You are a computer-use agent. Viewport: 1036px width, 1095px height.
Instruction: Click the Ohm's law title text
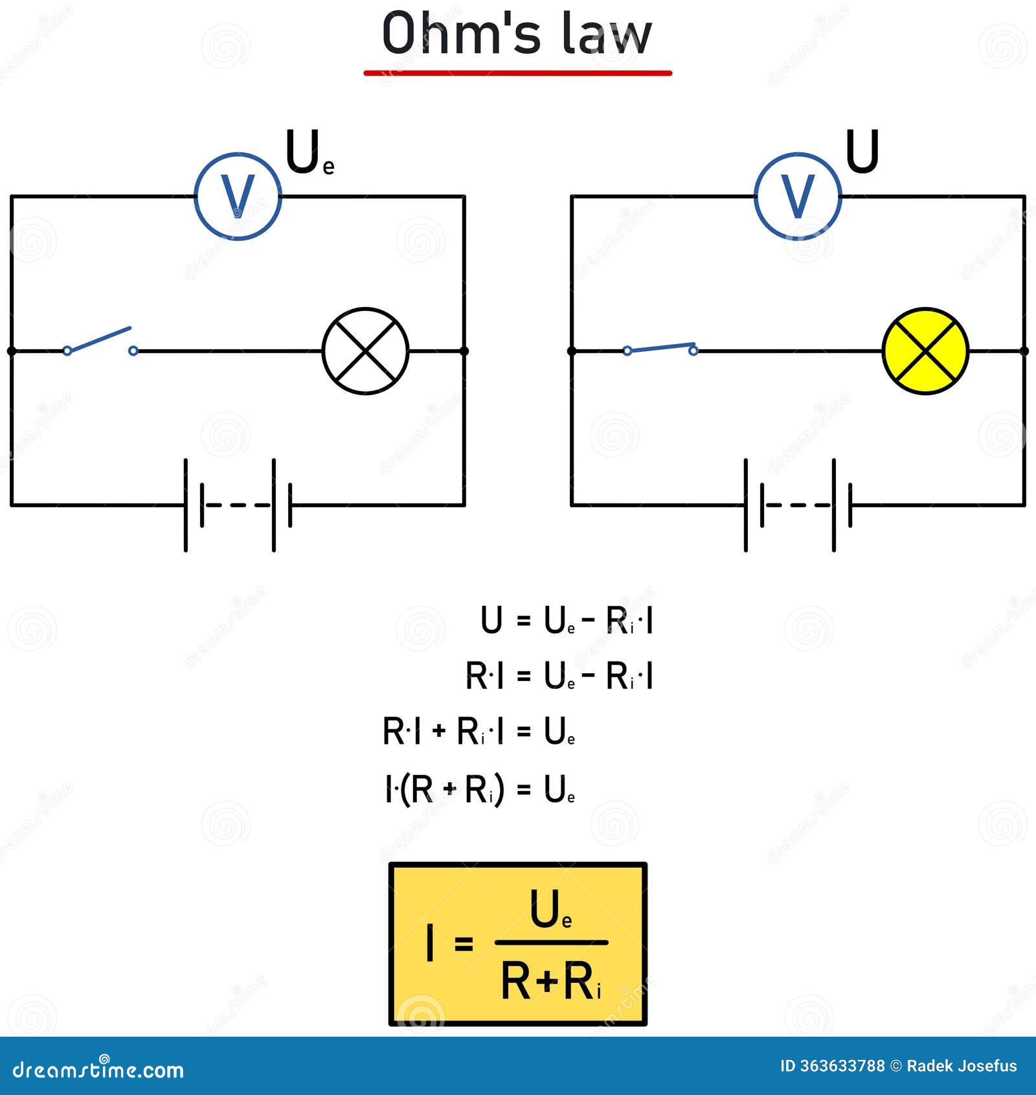pos(517,34)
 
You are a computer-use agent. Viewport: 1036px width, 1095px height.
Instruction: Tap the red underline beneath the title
pos(517,73)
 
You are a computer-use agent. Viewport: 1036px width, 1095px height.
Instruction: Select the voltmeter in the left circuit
pos(238,196)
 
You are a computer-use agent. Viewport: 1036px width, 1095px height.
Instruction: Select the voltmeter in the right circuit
pos(798,196)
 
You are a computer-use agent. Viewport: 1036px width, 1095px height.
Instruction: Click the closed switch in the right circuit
pos(660,349)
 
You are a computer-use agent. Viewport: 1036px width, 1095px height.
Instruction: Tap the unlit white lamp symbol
pos(366,351)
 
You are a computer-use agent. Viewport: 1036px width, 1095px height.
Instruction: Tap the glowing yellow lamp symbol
pos(925,351)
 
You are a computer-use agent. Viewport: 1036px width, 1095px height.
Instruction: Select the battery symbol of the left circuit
pos(238,505)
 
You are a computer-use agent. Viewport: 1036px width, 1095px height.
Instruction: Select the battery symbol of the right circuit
pos(798,505)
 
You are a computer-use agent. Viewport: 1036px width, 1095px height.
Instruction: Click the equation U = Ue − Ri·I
pos(567,621)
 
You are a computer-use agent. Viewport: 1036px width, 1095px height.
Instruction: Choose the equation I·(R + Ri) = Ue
pos(480,789)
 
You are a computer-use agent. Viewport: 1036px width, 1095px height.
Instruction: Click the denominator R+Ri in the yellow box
pos(550,981)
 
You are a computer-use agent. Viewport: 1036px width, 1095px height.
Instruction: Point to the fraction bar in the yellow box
pos(551,943)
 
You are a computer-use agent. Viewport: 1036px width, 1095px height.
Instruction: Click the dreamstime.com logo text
pos(98,1069)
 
